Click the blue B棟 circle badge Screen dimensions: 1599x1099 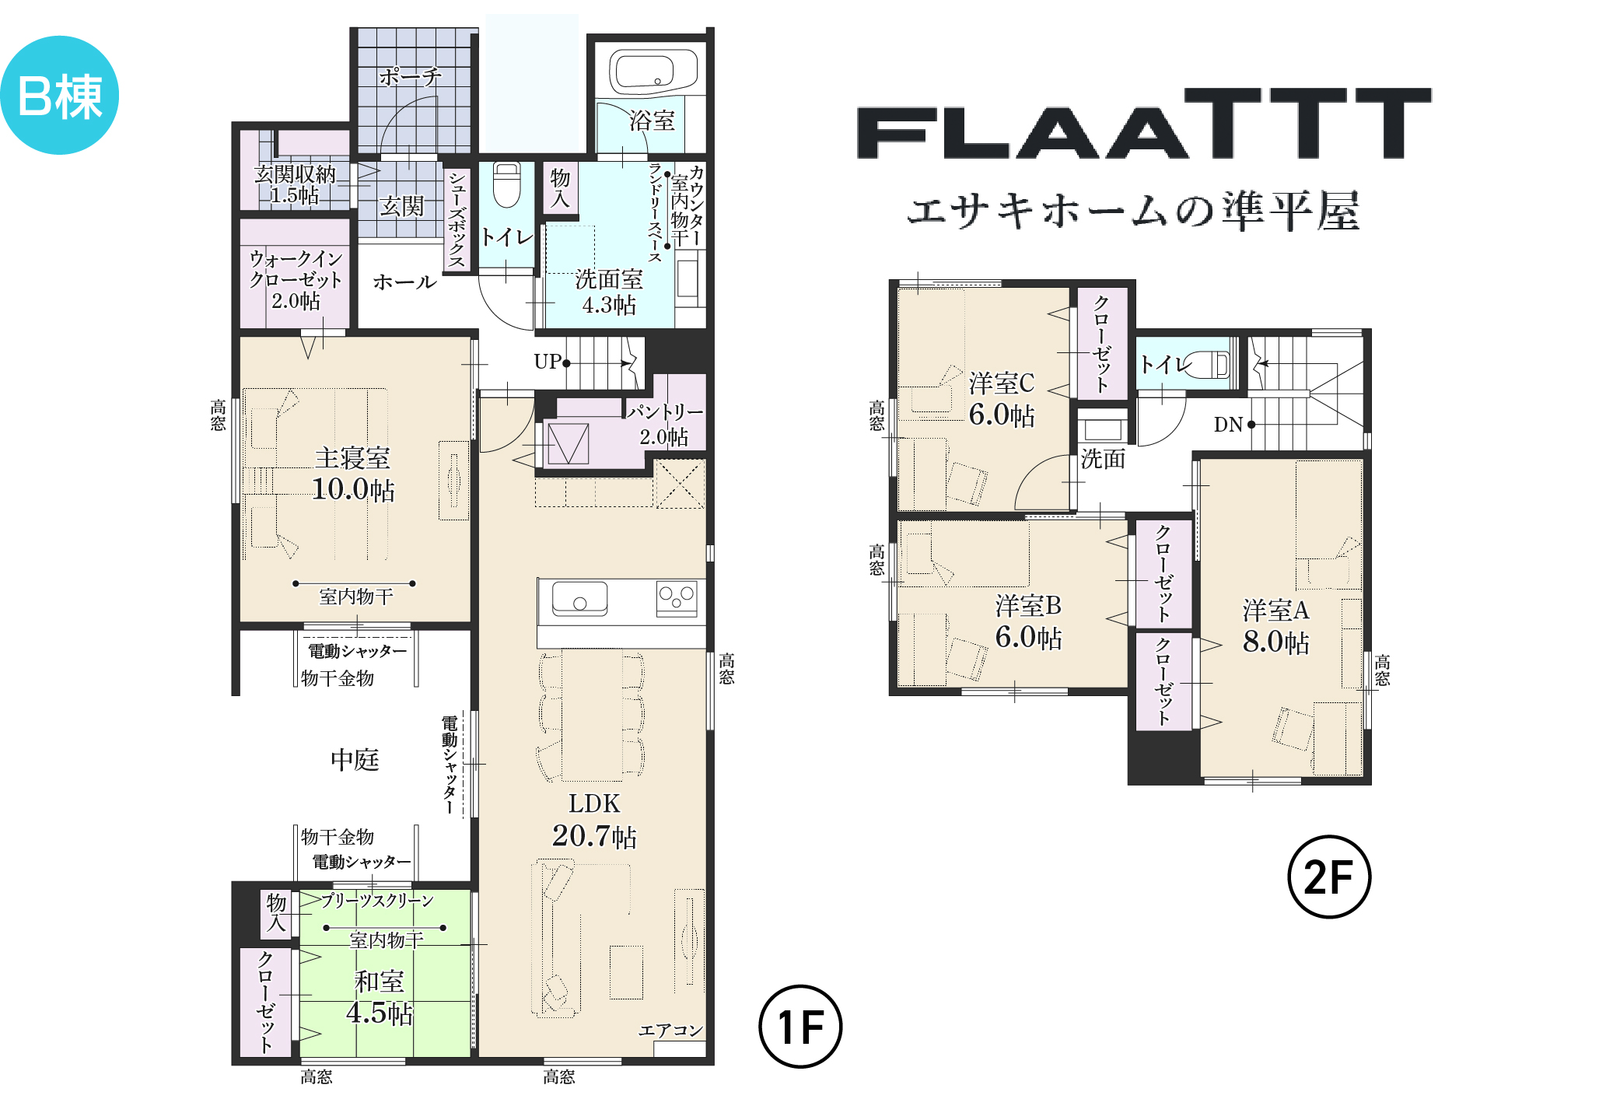[59, 95]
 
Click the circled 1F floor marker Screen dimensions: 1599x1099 [800, 1027]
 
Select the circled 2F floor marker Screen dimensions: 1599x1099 [1329, 877]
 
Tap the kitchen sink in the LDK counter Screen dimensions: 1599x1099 [579, 599]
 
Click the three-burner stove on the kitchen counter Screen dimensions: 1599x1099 [677, 599]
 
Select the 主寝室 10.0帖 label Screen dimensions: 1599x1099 [353, 474]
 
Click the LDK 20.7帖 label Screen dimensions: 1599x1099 [594, 820]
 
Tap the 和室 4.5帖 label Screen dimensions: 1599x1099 [380, 997]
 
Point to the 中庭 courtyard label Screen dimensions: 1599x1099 [355, 760]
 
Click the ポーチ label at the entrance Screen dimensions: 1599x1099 [410, 77]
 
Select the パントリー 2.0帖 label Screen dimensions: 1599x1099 [665, 424]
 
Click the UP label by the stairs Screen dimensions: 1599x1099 [548, 362]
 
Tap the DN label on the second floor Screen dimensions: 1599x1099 [1229, 425]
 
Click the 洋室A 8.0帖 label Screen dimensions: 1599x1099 [1276, 626]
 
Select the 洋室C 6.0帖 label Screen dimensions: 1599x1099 [1002, 399]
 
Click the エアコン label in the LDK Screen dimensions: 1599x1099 [670, 1031]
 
